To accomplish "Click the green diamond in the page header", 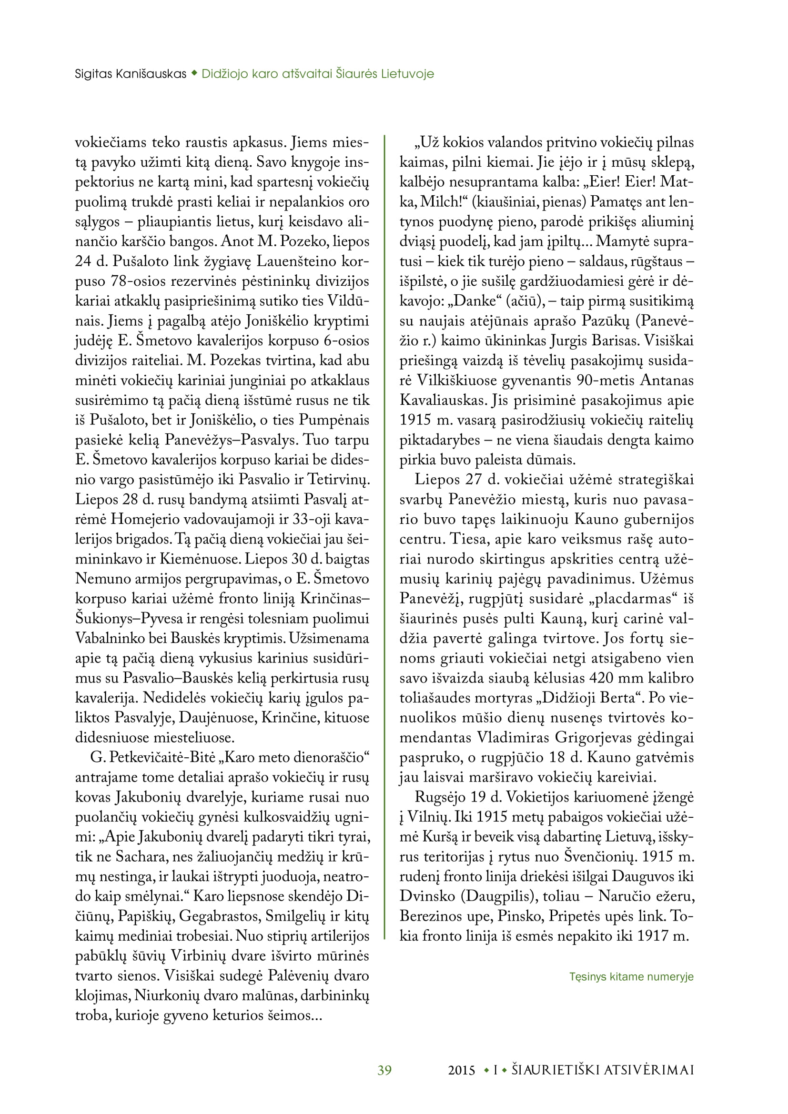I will pyautogui.click(x=194, y=73).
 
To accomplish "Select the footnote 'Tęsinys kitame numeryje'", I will pyautogui.click(x=631, y=976).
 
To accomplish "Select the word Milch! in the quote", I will pyautogui.click(x=441, y=201).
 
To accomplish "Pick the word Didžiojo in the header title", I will pyautogui.click(x=221, y=74).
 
